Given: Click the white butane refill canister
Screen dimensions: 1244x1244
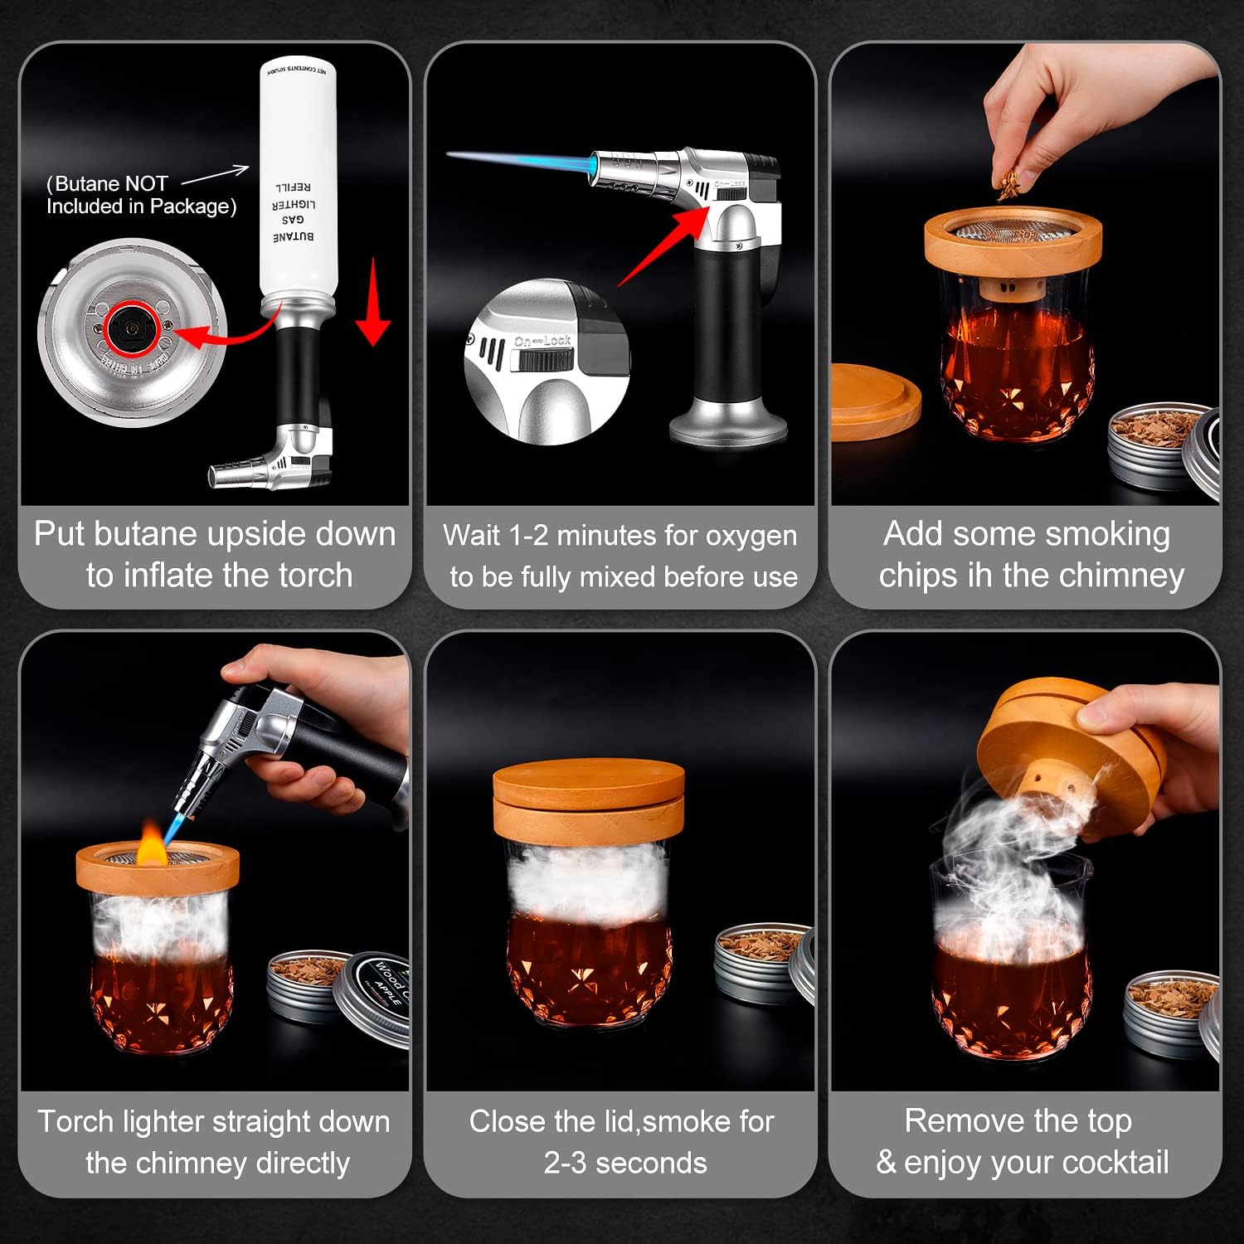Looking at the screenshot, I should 298,182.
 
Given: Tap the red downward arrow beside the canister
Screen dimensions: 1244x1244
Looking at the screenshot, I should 373,303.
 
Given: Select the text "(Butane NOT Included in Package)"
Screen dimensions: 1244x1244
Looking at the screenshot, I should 141,195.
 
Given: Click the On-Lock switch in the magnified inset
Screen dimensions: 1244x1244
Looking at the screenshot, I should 545,359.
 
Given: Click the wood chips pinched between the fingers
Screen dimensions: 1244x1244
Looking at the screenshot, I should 1008,189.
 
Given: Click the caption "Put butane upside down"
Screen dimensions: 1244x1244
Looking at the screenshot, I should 215,534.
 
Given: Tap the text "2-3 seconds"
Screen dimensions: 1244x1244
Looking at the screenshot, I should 625,1163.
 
